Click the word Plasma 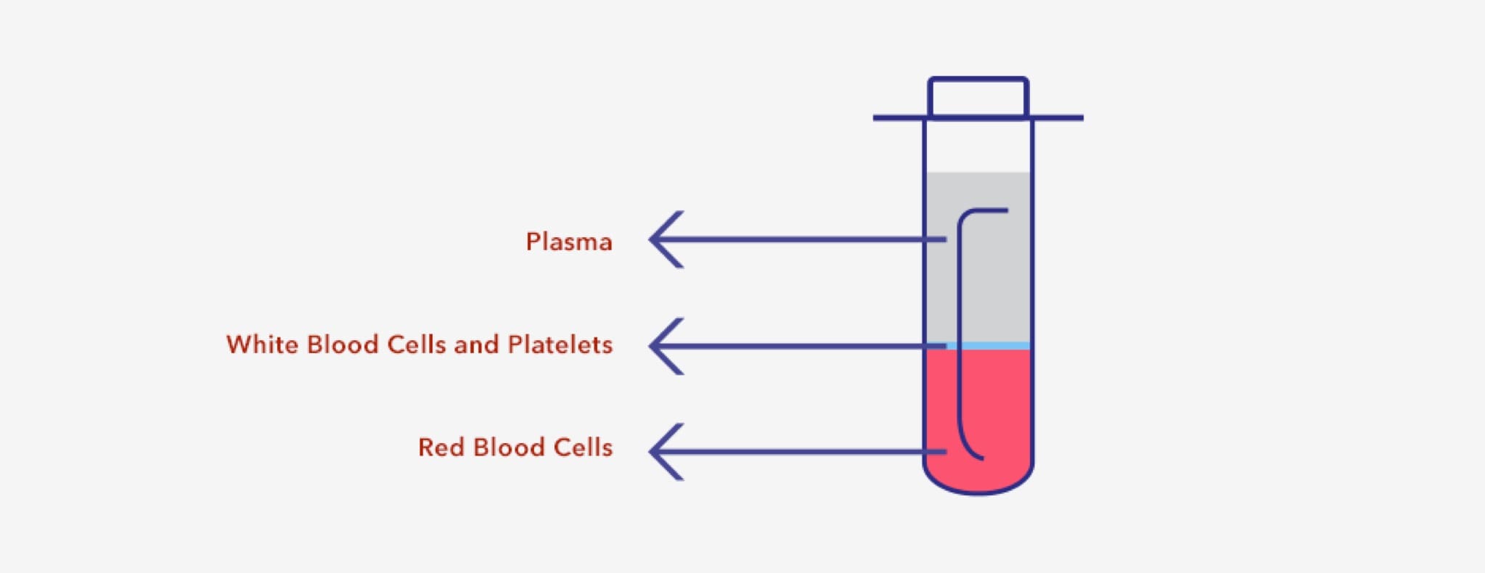click(x=569, y=242)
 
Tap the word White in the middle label click(x=261, y=345)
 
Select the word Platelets click(x=560, y=345)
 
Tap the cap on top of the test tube click(x=978, y=97)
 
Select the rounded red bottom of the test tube click(x=978, y=479)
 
